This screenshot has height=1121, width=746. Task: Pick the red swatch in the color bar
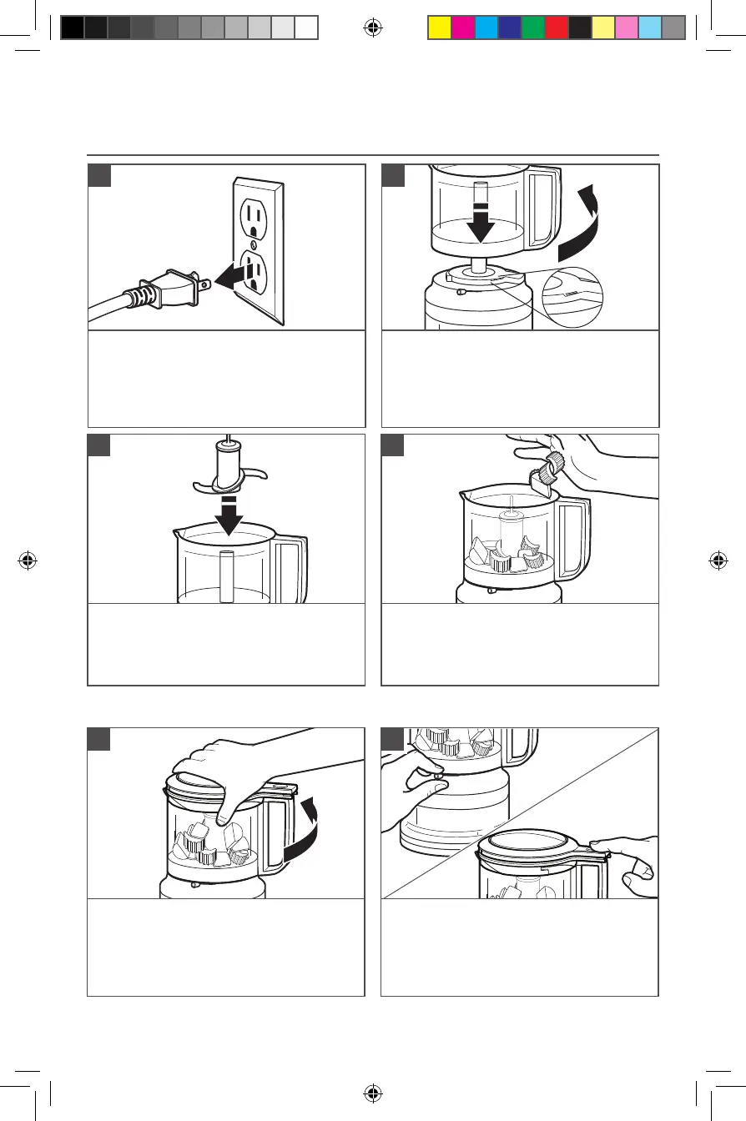click(x=556, y=28)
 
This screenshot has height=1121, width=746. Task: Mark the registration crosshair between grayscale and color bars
click(x=373, y=28)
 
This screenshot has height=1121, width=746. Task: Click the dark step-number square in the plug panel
click(x=98, y=175)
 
